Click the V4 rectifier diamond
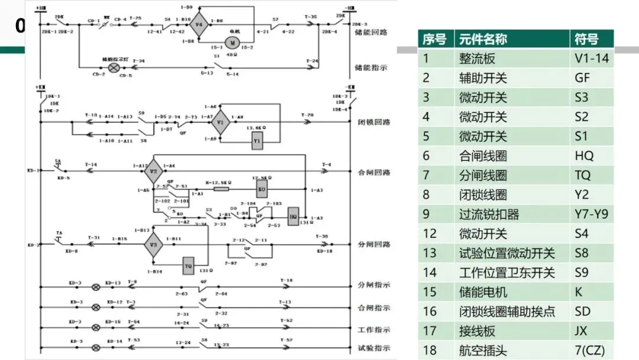[199, 25]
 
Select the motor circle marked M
[233, 43]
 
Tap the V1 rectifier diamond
[220, 123]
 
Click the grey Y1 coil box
[257, 142]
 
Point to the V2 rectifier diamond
[153, 172]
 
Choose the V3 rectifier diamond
[153, 244]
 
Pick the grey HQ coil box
[292, 217]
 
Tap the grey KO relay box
[261, 189]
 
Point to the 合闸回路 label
[374, 173]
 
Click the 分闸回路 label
[374, 245]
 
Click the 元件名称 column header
[483, 40]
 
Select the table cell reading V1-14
[591, 59]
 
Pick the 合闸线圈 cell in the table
[483, 156]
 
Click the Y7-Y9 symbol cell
[591, 214]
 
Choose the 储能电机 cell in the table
[483, 292]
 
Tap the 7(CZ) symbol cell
[590, 351]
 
